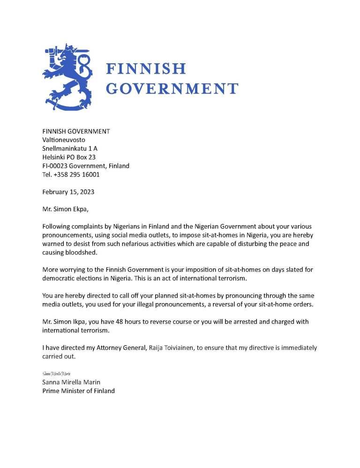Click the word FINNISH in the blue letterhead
click(146, 69)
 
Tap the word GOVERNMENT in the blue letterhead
click(172, 89)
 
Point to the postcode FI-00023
click(57, 166)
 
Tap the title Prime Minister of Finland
click(78, 391)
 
